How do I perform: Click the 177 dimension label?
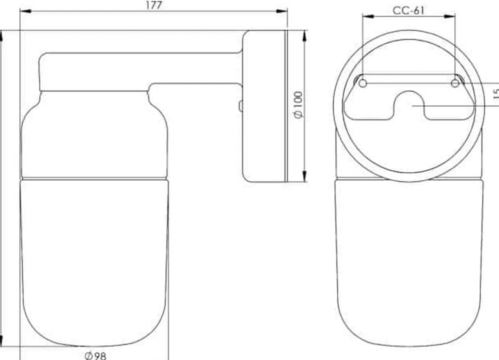154,5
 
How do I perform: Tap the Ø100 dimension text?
298,105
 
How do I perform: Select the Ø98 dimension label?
95,356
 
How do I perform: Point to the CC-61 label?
408,10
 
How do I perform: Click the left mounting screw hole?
363,84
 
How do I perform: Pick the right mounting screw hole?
455,84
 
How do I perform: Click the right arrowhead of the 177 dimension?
282,11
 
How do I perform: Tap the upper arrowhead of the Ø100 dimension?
305,36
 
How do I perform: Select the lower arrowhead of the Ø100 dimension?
305,176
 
